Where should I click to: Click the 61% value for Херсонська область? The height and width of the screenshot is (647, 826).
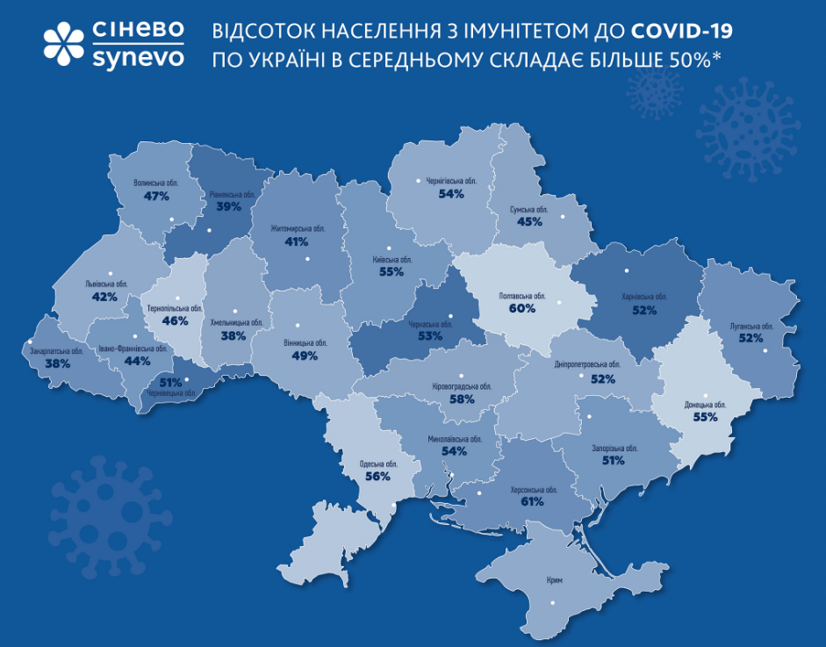point(531,502)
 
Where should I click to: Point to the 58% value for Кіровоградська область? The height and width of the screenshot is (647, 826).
point(462,399)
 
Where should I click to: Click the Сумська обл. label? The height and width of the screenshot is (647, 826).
point(528,210)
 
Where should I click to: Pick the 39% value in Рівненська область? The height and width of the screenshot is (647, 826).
point(229,206)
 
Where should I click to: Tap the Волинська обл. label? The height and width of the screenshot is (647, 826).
point(156,184)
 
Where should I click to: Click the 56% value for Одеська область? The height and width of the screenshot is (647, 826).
point(377,476)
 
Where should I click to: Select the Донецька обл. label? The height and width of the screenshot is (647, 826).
point(705,405)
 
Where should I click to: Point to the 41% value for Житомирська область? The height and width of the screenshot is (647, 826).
point(296,241)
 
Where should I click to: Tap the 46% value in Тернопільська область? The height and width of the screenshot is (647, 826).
point(176,321)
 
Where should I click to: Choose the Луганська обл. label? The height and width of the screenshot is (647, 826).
point(751,326)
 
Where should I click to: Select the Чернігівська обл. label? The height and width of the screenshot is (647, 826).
point(451,182)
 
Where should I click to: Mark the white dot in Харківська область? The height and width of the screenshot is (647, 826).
point(628,270)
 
